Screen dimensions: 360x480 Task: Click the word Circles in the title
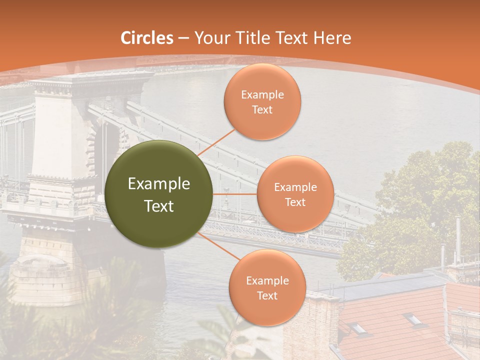pos(147,38)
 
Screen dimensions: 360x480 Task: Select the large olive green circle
pos(159,194)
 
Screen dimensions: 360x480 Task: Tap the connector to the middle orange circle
pos(235,194)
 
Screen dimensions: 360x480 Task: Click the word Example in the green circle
pos(159,184)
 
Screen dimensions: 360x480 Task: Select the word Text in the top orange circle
pos(262,109)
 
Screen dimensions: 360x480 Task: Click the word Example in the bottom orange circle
pos(267,281)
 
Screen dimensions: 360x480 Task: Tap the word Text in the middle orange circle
pos(295,202)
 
